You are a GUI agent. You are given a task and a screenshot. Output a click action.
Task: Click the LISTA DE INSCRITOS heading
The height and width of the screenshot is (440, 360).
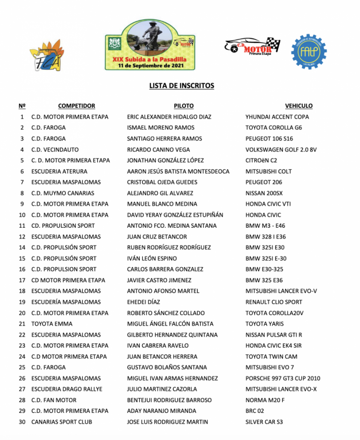click(x=182, y=86)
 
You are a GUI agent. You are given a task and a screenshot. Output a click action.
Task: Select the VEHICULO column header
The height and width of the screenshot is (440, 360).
click(x=298, y=106)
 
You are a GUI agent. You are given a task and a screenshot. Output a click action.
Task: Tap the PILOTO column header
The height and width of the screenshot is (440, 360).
click(x=184, y=106)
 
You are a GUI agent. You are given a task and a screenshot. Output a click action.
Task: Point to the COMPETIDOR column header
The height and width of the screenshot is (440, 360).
click(x=77, y=106)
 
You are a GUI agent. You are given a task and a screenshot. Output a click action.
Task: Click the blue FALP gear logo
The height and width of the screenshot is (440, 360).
click(x=308, y=52)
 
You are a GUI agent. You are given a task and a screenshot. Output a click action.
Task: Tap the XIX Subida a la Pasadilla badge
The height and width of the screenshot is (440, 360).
click(x=150, y=45)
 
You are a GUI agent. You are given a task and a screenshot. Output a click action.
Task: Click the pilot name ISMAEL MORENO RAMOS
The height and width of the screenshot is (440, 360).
click(x=160, y=128)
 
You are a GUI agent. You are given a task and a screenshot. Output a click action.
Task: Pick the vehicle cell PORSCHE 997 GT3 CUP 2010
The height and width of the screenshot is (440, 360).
click(x=283, y=378)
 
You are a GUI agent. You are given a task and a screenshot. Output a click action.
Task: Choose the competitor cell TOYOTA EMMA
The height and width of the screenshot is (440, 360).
click(x=52, y=324)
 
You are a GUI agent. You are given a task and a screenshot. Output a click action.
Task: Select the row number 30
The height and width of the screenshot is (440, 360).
click(x=22, y=422)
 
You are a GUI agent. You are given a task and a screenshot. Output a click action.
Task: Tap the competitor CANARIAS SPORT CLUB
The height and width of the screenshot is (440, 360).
click(x=62, y=422)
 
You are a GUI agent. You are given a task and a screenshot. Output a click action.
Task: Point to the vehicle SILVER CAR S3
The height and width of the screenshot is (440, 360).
click(x=264, y=422)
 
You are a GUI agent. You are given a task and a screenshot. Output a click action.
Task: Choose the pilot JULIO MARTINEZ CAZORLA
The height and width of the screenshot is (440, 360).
click(x=162, y=389)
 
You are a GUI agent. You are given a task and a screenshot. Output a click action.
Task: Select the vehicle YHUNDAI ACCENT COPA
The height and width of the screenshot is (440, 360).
click(x=277, y=117)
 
